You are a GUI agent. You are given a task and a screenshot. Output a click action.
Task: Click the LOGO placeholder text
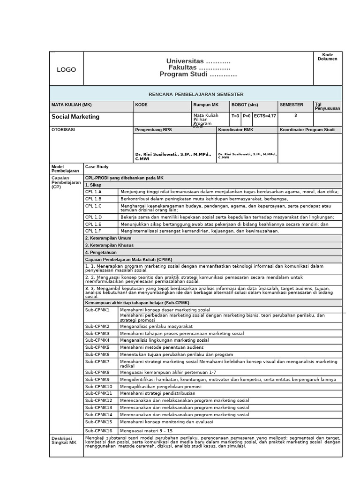pos(66,69)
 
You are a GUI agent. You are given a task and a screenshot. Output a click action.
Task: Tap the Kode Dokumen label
pos(327,57)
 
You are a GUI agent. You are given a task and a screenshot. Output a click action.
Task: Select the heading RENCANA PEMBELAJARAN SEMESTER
pos(196,94)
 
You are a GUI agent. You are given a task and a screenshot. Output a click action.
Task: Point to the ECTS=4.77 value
pos(265,115)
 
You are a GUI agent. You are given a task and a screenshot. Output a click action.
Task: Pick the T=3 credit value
pos(235,115)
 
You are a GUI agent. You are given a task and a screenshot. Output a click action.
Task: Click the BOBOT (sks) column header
pos(244,105)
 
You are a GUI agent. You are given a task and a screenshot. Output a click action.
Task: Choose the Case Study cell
pos(97,166)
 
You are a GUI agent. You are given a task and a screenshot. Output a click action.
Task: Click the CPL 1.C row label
pos(93,206)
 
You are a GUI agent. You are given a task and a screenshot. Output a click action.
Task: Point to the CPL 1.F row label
pos(93,231)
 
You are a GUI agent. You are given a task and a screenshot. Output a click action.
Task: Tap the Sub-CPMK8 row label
pos(97,372)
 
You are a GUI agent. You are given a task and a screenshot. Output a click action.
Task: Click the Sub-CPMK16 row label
pos(98,430)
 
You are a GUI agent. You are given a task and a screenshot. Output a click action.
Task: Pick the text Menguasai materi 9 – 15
pos(146,430)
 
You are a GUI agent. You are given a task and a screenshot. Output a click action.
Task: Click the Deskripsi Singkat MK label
pos(63,440)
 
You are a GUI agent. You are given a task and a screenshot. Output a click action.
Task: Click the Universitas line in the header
pos(198,61)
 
